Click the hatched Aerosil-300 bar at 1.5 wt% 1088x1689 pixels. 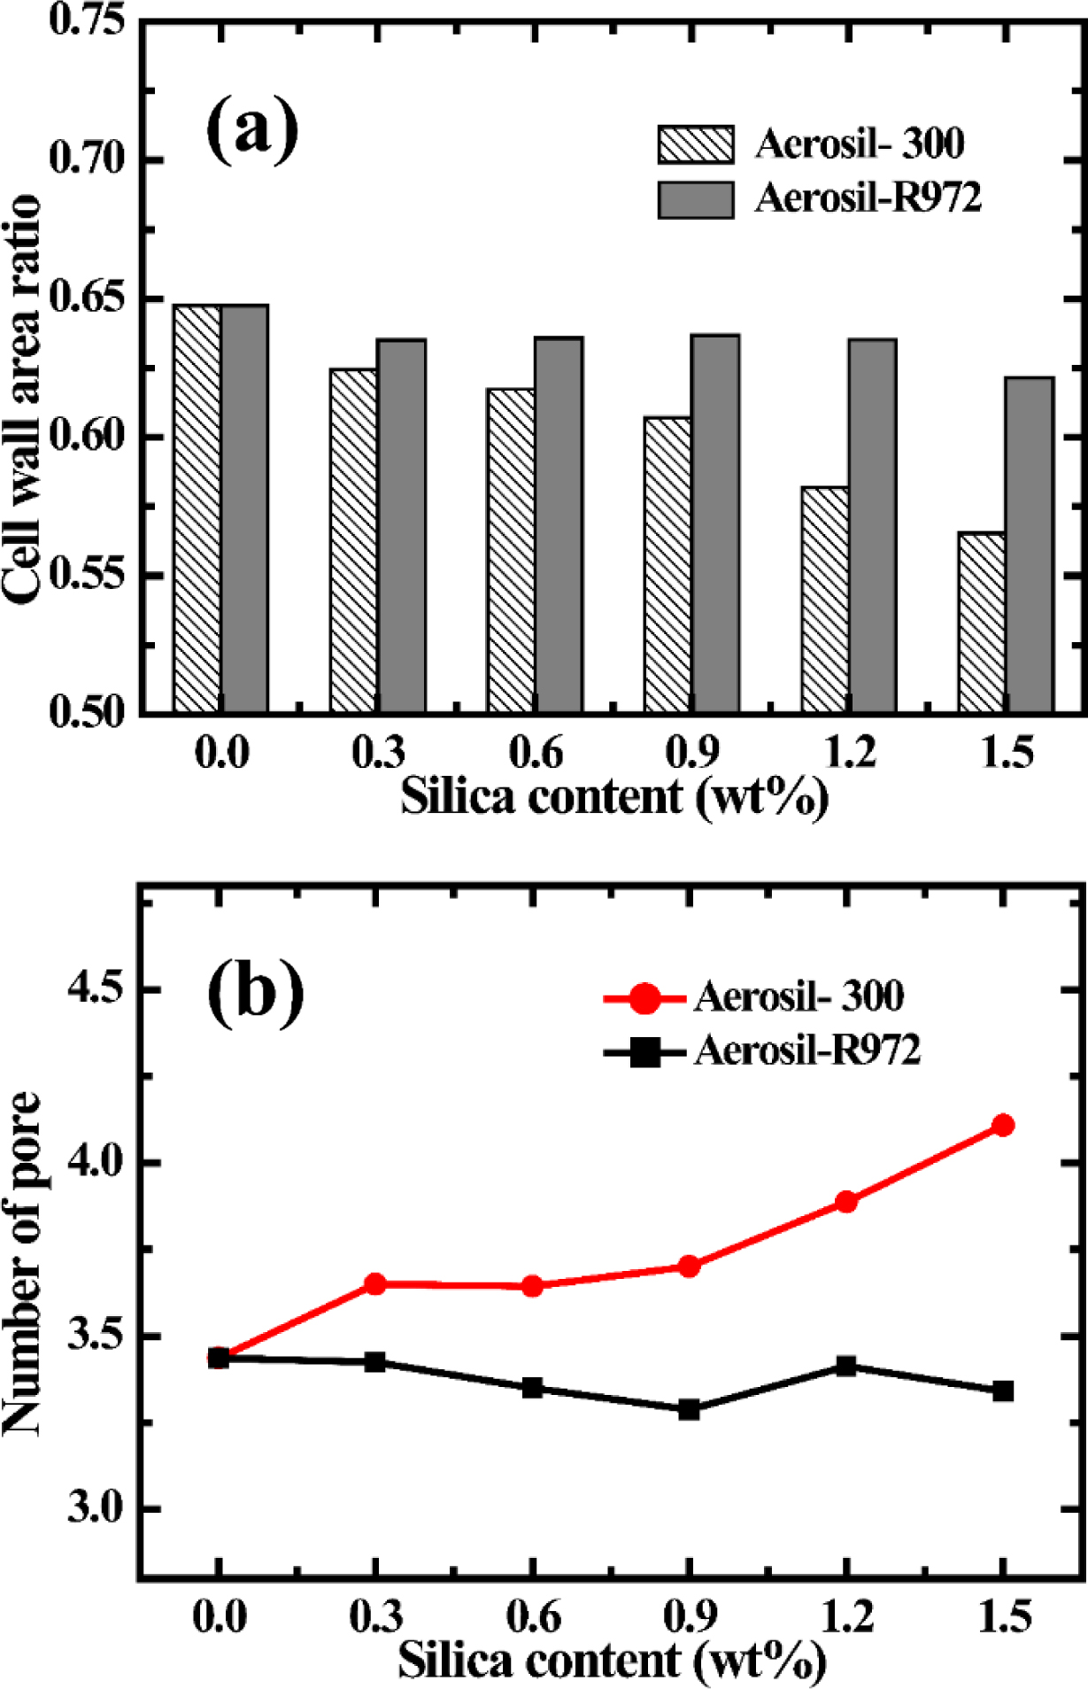pos(982,622)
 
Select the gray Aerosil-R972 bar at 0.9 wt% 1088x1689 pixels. pos(715,523)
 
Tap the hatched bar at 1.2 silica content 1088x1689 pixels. pos(825,600)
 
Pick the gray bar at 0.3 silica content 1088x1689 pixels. pos(401,526)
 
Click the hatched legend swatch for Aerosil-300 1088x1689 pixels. pos(696,144)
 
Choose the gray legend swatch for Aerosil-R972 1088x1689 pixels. pos(696,199)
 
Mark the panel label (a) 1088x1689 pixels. pos(252,130)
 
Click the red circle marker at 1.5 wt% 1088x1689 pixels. pos(1003,1126)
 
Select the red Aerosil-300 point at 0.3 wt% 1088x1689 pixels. pos(375,1283)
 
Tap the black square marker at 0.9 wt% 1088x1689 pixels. pos(689,1409)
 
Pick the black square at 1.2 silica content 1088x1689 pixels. pos(846,1366)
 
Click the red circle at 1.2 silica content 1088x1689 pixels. pos(846,1202)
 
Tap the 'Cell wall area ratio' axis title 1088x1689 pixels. pos(21,399)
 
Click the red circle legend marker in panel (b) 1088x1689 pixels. pos(645,998)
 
